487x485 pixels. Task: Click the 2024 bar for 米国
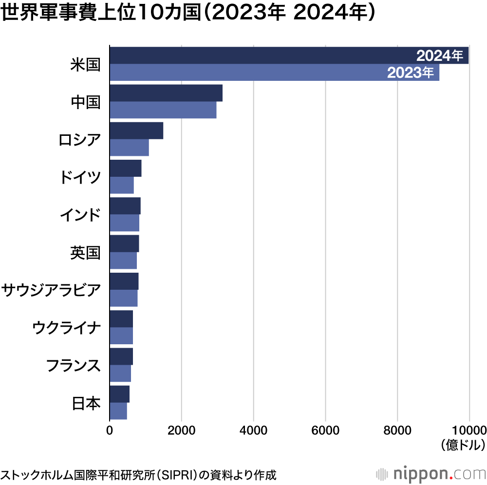[x=263, y=56]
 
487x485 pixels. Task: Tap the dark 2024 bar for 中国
[x=166, y=93]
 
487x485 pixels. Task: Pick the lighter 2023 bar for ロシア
[x=129, y=148]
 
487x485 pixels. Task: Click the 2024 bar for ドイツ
[x=126, y=168]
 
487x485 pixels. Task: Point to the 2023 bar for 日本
[x=118, y=411]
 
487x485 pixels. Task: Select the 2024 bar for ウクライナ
[x=121, y=318]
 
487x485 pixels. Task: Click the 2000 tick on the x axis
[x=181, y=430]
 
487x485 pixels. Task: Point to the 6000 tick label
[x=325, y=430]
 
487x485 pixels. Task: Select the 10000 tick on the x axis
[x=468, y=430]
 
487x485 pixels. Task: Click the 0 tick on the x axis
[x=110, y=430]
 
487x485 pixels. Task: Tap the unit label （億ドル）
[x=463, y=445]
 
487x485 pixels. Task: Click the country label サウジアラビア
[x=52, y=290]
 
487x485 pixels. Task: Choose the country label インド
[x=80, y=215]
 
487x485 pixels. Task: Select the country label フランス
[x=73, y=366]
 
